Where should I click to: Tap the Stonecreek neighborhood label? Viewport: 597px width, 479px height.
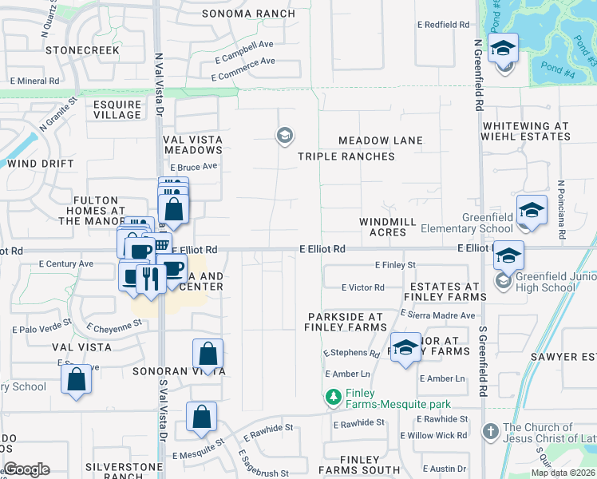83,49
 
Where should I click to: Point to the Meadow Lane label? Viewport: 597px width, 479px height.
380,141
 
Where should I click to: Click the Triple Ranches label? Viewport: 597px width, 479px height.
346,156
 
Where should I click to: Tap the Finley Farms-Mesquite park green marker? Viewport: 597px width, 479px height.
333,396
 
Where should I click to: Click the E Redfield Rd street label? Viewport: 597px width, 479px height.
443,25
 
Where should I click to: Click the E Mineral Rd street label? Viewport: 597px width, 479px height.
34,81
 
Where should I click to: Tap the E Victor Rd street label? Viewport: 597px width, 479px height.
362,287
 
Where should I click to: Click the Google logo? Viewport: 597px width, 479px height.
26,469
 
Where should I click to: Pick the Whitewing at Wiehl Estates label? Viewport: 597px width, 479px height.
527,131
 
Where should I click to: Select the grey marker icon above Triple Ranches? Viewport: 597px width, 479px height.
283,136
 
